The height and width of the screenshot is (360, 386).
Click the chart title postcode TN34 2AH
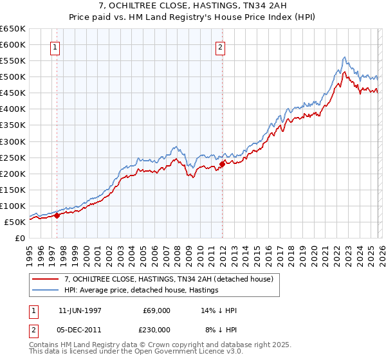[x=260, y=6]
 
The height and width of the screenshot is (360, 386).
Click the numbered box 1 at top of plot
[x=55, y=46]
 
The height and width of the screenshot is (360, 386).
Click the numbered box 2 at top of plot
[x=221, y=46]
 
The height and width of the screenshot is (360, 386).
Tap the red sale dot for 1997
[x=57, y=216]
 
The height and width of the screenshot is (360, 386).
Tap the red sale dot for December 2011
[x=221, y=164]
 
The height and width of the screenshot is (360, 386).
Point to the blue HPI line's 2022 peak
[x=345, y=57]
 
